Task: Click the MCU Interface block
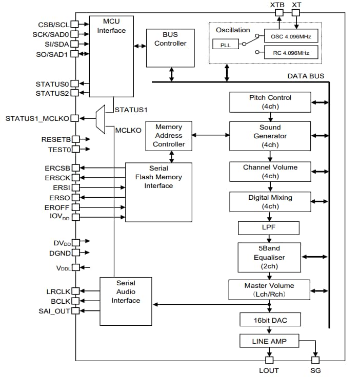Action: tap(111, 56)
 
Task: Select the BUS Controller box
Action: tap(170, 48)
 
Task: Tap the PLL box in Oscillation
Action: tap(225, 45)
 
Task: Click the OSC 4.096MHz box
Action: tap(291, 36)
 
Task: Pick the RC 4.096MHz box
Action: tap(291, 53)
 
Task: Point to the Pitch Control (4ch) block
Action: tap(270, 102)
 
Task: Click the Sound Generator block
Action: tap(270, 136)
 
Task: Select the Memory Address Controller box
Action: tap(169, 136)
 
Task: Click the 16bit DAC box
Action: tap(270, 320)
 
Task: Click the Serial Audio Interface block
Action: tap(126, 301)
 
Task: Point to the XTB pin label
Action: tap(277, 5)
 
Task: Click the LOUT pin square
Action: tap(268, 360)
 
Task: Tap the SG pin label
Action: tap(315, 370)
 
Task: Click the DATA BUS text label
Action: tap(306, 76)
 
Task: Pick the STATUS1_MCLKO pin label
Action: tap(37, 118)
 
